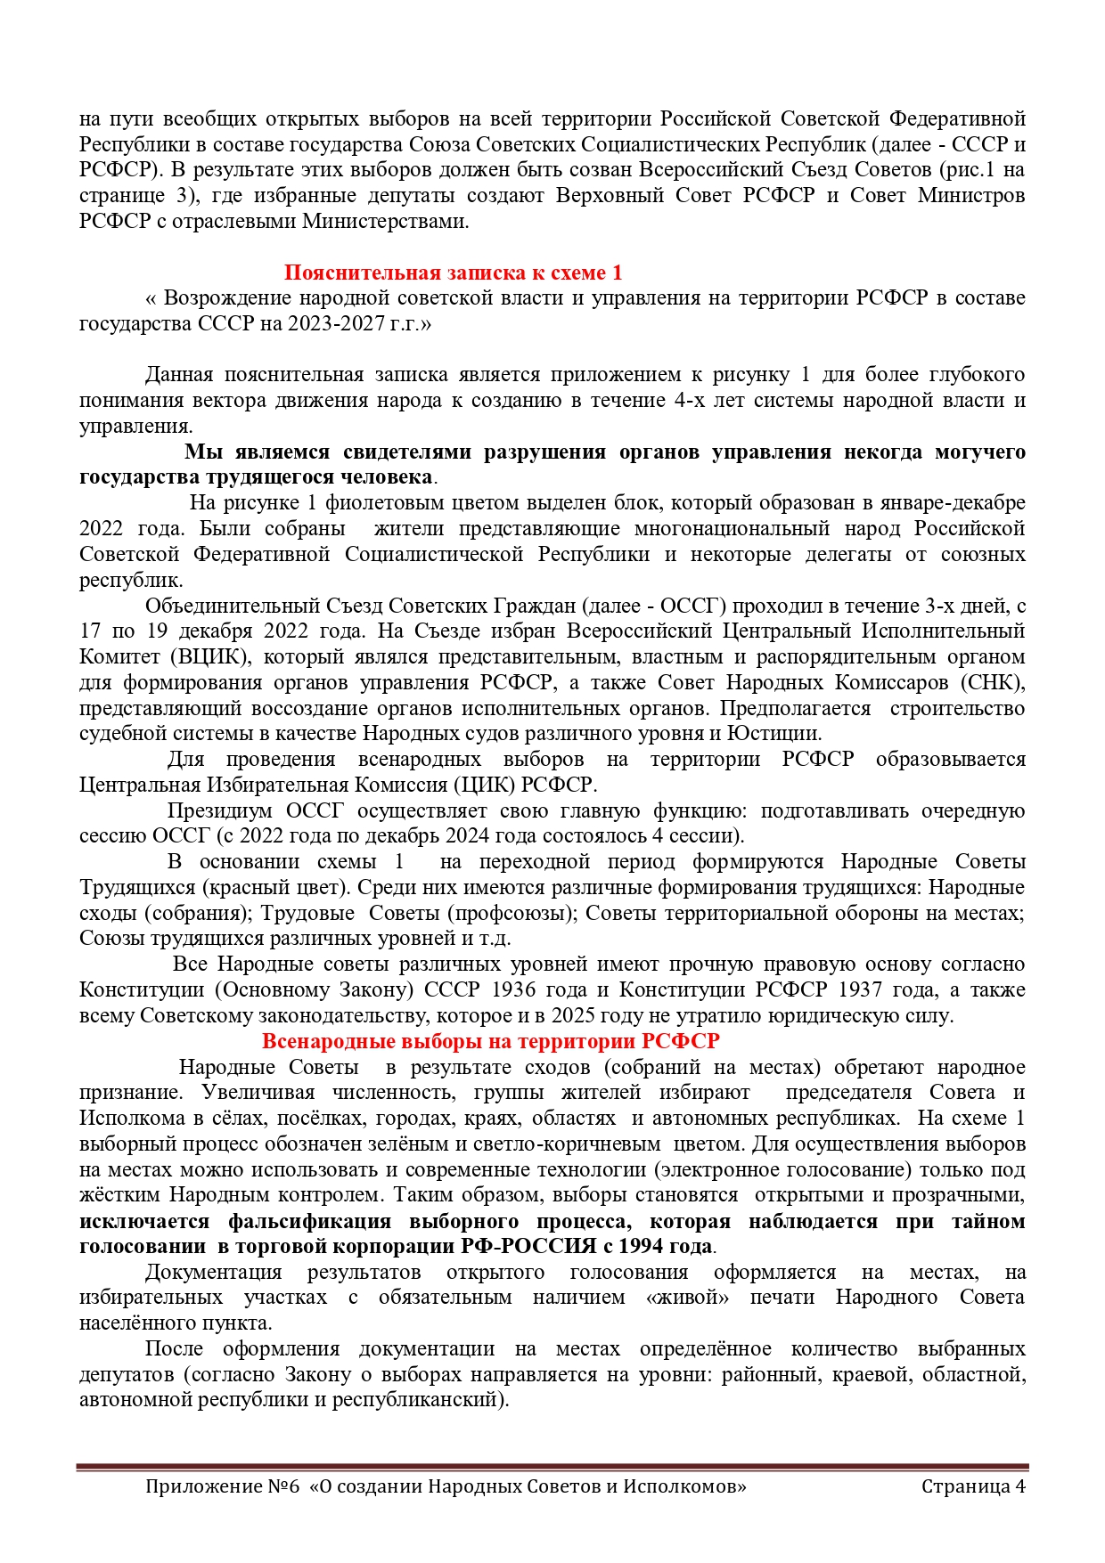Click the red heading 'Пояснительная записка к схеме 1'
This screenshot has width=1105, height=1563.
(453, 273)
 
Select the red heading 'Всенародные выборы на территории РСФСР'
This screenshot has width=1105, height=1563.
(490, 1041)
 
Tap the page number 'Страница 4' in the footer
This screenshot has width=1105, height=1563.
(973, 1486)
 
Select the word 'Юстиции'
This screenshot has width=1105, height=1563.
(773, 734)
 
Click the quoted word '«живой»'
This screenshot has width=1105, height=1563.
(687, 1298)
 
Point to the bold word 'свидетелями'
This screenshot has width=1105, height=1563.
(407, 452)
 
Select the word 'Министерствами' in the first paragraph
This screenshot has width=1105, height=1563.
(385, 221)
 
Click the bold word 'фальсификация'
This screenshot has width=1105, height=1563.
(309, 1221)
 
